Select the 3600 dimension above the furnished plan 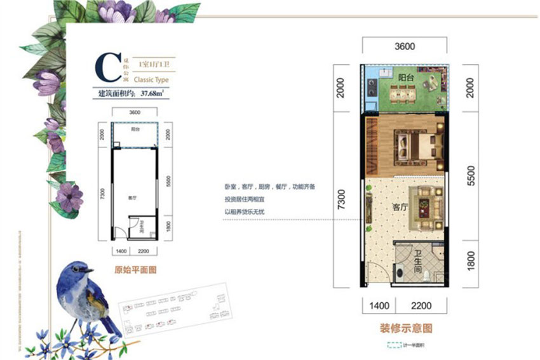click(x=404, y=46)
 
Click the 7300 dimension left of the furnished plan click(x=342, y=200)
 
